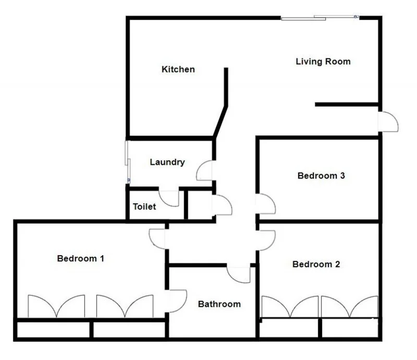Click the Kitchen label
coord(178,69)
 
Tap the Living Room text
coord(323,62)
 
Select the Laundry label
coord(167,162)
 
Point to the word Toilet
coord(144,207)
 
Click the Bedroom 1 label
coord(81,258)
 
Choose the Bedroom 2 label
coord(316,265)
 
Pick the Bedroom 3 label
coord(321,176)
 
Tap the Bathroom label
coord(219,304)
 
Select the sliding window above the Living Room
coord(320,18)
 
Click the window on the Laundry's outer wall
coord(127,161)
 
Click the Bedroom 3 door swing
coord(265,204)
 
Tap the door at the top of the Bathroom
coord(239,274)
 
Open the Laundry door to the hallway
coord(205,171)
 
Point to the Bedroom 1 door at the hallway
coord(157,238)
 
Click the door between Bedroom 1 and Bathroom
coord(176,301)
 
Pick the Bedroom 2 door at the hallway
coord(265,239)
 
